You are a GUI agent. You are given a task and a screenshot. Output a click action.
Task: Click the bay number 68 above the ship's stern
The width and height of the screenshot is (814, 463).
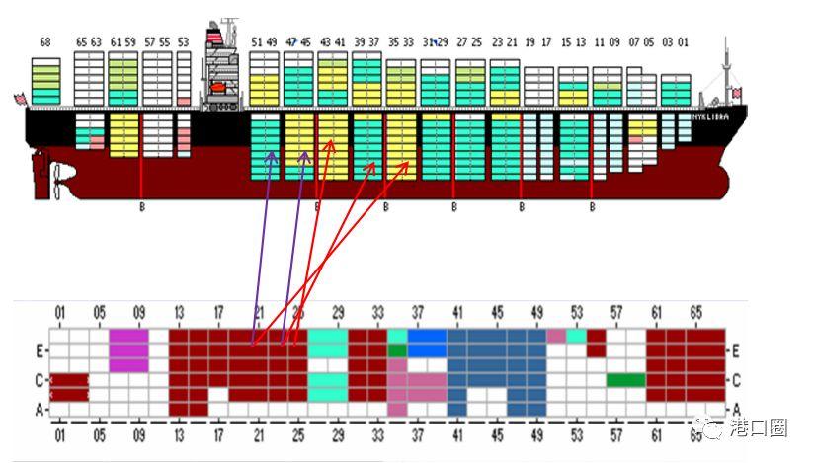(x=44, y=42)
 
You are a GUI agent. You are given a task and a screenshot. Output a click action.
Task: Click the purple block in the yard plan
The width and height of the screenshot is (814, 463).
(x=128, y=349)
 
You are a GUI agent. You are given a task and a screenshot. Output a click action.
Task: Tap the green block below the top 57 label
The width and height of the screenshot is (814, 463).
(x=625, y=380)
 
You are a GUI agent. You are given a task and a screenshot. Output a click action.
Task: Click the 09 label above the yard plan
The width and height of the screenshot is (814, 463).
(x=138, y=313)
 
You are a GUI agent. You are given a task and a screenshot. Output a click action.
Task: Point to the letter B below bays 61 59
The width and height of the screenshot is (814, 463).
(x=142, y=207)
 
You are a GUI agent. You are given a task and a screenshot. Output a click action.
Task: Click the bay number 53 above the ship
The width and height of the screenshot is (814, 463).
(x=183, y=42)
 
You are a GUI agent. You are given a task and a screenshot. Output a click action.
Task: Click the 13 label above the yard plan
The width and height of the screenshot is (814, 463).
(x=178, y=313)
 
